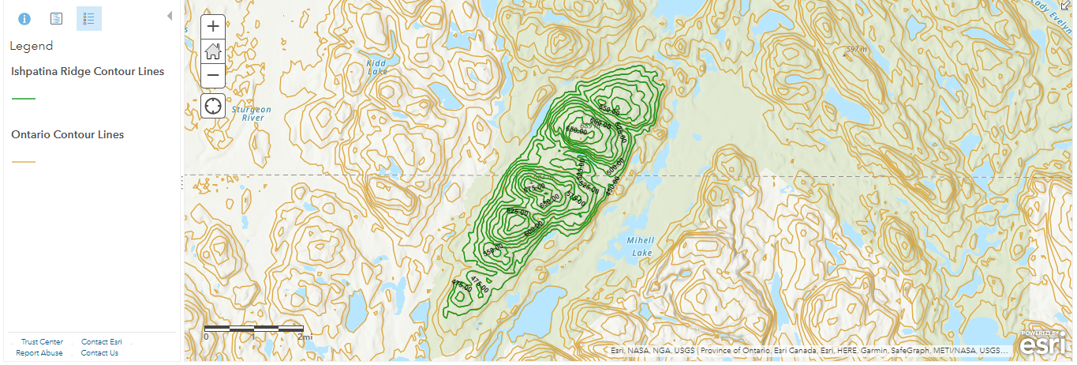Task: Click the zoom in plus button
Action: click(x=213, y=26)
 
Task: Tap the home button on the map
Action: click(x=213, y=51)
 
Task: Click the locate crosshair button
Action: click(x=213, y=105)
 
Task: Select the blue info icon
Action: click(x=24, y=18)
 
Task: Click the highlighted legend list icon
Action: click(x=89, y=18)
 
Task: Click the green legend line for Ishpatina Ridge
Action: click(x=24, y=98)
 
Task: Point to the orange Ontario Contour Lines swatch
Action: click(x=24, y=161)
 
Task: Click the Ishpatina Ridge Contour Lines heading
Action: click(x=88, y=71)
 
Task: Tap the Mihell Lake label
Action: click(x=640, y=246)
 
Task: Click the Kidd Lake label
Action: click(x=377, y=66)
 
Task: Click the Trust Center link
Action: click(x=42, y=342)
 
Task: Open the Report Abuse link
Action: click(x=39, y=353)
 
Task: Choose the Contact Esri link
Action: click(x=101, y=342)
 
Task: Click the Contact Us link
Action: click(x=99, y=353)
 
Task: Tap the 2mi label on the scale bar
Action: click(x=305, y=337)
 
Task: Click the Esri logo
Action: click(x=1045, y=344)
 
